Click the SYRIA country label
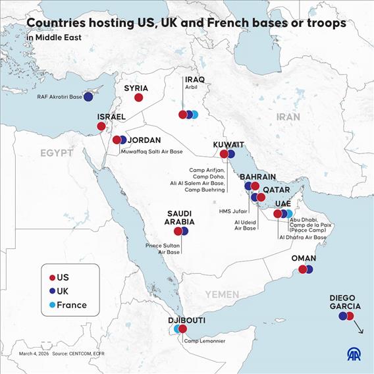click(136, 87)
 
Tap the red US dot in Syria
click(138, 97)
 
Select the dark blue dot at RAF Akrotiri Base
click(88, 97)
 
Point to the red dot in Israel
click(101, 126)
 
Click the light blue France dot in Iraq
click(194, 115)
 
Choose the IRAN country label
click(288, 117)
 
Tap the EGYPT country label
click(56, 153)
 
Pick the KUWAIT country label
click(228, 145)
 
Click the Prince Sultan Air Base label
click(163, 248)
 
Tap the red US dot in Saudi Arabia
click(178, 231)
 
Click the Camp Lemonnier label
click(204, 340)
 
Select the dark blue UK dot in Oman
click(309, 269)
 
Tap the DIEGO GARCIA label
click(345, 302)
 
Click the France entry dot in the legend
click(52, 305)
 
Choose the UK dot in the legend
click(52, 291)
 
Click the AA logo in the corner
click(354, 355)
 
